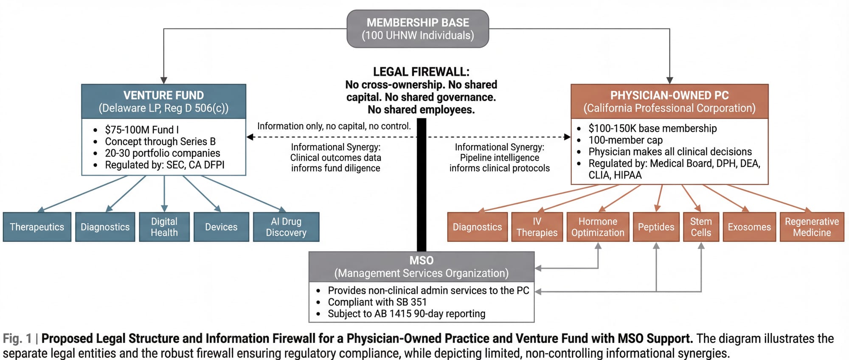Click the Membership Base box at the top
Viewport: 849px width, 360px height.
(418, 29)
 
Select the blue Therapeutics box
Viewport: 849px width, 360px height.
(37, 227)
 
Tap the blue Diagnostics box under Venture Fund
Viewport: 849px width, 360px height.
(105, 227)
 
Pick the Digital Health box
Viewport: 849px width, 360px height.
(164, 227)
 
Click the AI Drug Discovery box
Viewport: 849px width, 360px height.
(286, 227)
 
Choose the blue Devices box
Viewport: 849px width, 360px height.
(221, 227)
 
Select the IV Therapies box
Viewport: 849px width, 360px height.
(537, 227)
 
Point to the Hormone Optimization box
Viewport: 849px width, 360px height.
(598, 227)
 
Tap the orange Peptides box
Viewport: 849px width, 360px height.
(656, 227)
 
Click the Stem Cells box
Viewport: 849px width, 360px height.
(701, 227)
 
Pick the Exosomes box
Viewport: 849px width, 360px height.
(749, 227)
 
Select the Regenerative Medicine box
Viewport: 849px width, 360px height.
(812, 227)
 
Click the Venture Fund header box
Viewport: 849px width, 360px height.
(163, 101)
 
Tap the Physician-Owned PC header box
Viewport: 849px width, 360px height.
(669, 101)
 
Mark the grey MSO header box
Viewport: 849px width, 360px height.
(422, 267)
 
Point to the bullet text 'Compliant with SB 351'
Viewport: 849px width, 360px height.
(377, 302)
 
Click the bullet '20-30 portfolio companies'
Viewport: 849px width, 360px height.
(163, 153)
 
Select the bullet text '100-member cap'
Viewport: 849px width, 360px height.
(625, 140)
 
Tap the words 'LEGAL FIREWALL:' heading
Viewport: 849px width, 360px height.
(421, 72)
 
